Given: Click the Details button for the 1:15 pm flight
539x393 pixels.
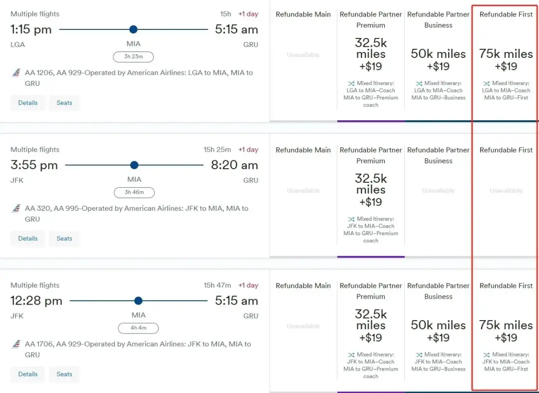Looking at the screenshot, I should pyautogui.click(x=28, y=103).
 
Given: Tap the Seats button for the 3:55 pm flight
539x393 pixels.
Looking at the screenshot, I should pyautogui.click(x=64, y=239).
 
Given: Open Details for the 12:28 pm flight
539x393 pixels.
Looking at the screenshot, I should pyautogui.click(x=28, y=374).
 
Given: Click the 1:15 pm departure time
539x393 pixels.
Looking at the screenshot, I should pyautogui.click(x=31, y=29).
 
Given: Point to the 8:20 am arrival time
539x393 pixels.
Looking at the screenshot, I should pyautogui.click(x=234, y=165).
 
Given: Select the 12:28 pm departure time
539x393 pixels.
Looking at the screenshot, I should pyautogui.click(x=36, y=301).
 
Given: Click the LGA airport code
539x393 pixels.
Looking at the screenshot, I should pyautogui.click(x=17, y=44).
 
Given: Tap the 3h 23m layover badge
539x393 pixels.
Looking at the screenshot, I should pyautogui.click(x=133, y=57).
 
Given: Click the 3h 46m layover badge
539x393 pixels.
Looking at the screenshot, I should pyautogui.click(x=134, y=193).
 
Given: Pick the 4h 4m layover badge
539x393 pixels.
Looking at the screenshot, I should pyautogui.click(x=138, y=328).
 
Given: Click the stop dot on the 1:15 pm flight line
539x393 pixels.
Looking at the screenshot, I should pyautogui.click(x=133, y=29).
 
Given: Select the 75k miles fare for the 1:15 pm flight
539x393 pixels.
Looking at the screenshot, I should pyautogui.click(x=506, y=59).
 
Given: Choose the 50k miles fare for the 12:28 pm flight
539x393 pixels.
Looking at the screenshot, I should pyautogui.click(x=438, y=331).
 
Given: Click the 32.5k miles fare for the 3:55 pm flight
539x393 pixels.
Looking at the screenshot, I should pyautogui.click(x=371, y=190).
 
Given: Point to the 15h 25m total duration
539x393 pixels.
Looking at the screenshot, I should pyautogui.click(x=217, y=150).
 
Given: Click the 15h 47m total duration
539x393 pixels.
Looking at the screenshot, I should pyautogui.click(x=217, y=285).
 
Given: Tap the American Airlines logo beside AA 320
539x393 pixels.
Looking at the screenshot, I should pyautogui.click(x=15, y=209).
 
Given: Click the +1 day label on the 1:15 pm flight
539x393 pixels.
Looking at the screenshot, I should pyautogui.click(x=248, y=14).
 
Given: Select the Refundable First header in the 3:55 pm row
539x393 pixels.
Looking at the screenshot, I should pyautogui.click(x=506, y=150).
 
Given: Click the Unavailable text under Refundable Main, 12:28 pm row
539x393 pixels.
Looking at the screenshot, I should pyautogui.click(x=303, y=326).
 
